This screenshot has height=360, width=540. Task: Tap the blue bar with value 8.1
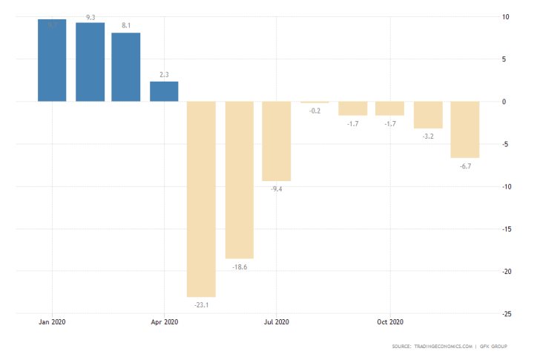click(126, 68)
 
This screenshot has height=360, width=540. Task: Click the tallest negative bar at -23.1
click(201, 199)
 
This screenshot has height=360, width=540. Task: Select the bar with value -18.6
click(240, 180)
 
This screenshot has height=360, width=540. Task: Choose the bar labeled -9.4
click(277, 141)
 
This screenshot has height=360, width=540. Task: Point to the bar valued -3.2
click(428, 115)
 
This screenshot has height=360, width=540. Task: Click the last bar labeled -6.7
click(465, 130)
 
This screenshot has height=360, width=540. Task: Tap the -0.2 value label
click(315, 111)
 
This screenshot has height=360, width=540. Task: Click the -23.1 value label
click(201, 305)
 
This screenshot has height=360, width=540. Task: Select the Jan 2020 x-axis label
click(52, 322)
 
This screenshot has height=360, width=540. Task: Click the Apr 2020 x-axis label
click(164, 322)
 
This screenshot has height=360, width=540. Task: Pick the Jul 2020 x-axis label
click(277, 322)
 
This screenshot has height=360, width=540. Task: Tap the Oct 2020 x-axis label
click(390, 322)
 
